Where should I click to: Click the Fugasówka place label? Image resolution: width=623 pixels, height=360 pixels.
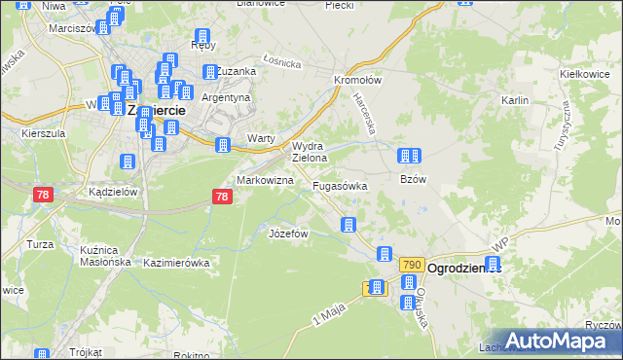[339, 185]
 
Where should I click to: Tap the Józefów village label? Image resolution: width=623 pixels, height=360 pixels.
[288, 234]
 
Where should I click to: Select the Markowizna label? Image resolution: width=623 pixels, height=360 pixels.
[260, 182]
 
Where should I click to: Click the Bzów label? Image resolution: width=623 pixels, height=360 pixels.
[414, 180]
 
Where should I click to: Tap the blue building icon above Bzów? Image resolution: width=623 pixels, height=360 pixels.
[409, 156]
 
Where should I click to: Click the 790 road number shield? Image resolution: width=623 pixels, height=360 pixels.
[411, 266]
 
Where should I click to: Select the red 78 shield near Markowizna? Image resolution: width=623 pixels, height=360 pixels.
[222, 198]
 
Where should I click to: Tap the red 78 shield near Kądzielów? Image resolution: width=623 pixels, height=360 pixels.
[42, 196]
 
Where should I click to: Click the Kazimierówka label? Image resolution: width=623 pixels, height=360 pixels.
[176, 264]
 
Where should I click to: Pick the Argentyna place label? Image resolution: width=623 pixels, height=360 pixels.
[226, 98]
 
